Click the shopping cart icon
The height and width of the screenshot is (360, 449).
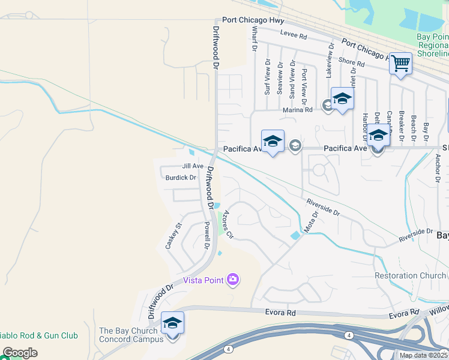pyautogui.click(x=400, y=62)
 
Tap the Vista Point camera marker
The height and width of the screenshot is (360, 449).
pyautogui.click(x=233, y=280)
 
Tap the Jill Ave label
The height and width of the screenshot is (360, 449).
pyautogui.click(x=193, y=166)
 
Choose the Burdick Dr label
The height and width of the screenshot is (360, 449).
pyautogui.click(x=181, y=178)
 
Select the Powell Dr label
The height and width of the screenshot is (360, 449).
pyautogui.click(x=206, y=235)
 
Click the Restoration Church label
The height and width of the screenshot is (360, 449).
pyautogui.click(x=411, y=275)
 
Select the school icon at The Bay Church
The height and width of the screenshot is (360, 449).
pyautogui.click(x=172, y=323)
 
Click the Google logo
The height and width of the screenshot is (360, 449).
pyautogui.click(x=20, y=352)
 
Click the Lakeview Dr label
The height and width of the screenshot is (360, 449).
pyautogui.click(x=329, y=60)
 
